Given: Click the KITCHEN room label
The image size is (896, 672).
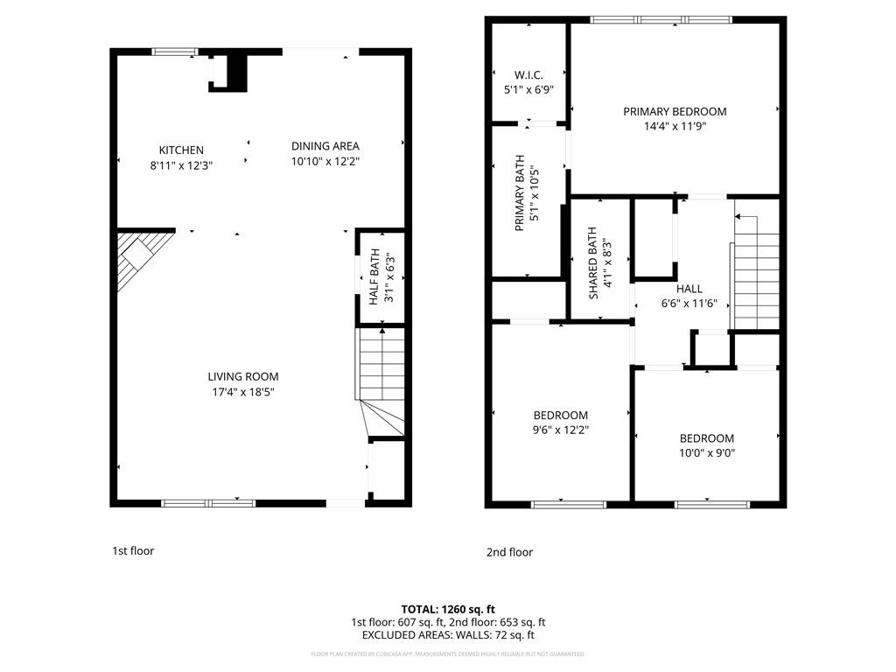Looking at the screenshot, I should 181,150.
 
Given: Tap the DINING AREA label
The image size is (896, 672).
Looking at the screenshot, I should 325,146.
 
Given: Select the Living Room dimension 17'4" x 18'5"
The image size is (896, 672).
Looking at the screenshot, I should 242,391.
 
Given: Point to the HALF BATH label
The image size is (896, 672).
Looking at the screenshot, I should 374,276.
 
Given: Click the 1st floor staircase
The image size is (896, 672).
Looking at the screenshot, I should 381,376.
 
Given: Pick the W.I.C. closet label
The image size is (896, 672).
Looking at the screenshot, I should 528,75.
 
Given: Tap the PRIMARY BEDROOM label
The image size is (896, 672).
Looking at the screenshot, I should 674,111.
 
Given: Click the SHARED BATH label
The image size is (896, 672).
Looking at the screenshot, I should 593,263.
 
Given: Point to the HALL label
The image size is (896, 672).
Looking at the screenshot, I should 689,289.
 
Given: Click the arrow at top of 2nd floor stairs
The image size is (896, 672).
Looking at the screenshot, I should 745,216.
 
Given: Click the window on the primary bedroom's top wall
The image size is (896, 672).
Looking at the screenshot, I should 661,19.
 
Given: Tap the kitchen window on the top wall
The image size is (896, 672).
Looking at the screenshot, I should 176,52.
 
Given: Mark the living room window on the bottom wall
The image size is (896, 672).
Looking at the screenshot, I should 208,503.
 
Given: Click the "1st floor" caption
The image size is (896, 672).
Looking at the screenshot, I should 133,551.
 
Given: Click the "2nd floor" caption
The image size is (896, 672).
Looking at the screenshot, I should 509,552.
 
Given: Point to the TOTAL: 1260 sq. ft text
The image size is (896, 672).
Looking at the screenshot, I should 448,609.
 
